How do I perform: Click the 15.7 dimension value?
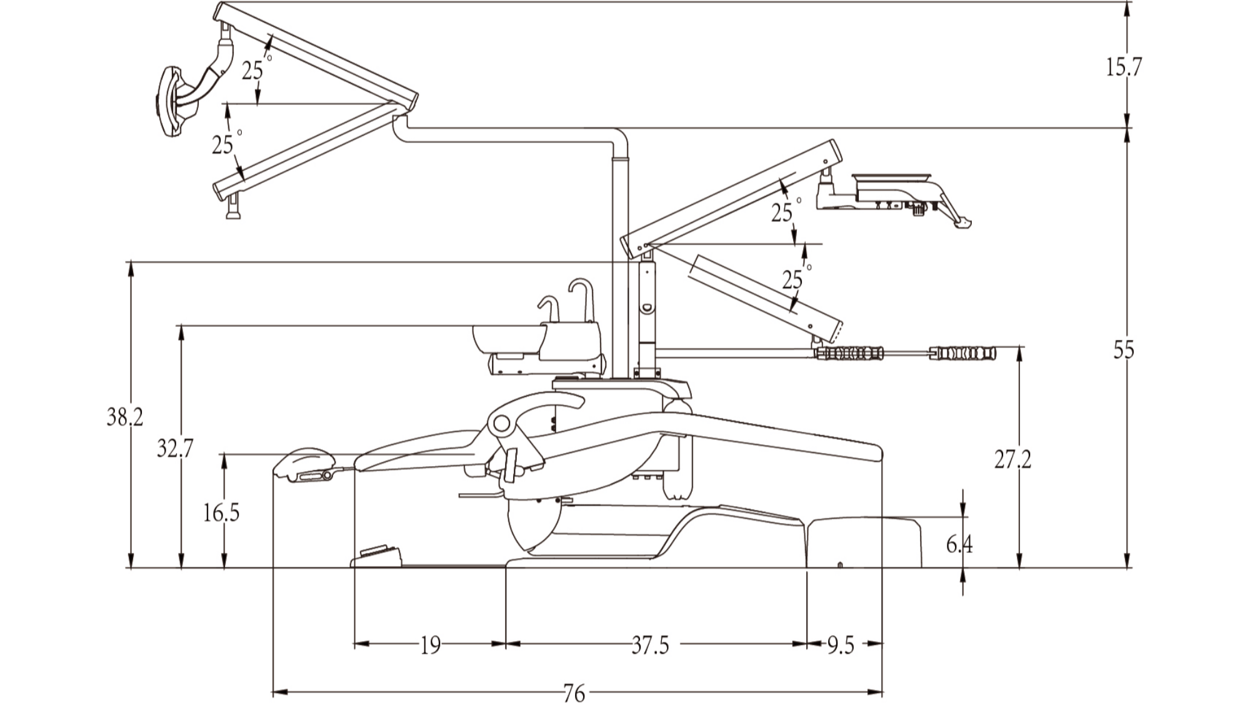1123,67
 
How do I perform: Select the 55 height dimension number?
1123,351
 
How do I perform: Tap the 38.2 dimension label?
124,417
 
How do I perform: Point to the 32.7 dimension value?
175,448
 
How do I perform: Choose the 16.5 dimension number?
221,513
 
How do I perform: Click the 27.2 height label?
1012,460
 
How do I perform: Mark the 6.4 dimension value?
959,544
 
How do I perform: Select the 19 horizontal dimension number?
430,645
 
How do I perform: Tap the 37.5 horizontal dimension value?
650,645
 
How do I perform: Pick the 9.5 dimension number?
841,645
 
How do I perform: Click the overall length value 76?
574,692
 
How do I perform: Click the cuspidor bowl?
507,340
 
